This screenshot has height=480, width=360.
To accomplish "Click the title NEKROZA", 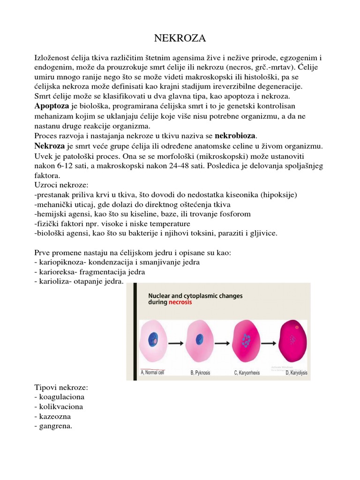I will click(180, 38).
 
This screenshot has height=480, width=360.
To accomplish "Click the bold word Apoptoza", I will click(52, 106).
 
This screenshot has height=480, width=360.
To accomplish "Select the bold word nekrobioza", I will click(236, 136).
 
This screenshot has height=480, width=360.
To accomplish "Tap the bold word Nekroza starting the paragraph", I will click(50, 146).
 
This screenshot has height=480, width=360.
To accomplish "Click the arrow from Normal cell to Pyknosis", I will click(176, 343).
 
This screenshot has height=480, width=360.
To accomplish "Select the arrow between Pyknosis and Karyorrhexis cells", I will click(221, 343).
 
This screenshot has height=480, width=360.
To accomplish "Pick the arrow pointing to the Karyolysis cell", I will click(266, 343).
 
